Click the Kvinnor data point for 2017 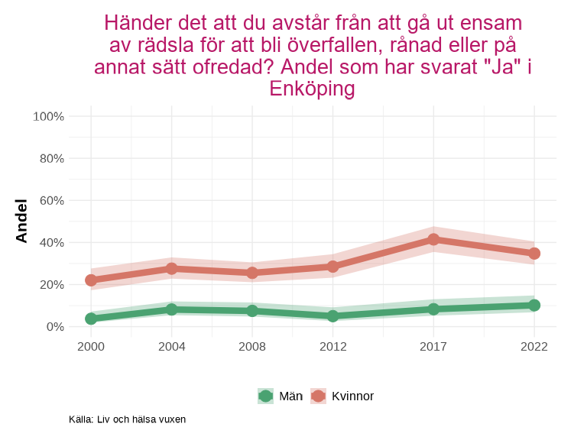pyautogui.click(x=433, y=239)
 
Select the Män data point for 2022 pyautogui.click(x=534, y=306)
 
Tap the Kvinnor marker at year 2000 pyautogui.click(x=91, y=280)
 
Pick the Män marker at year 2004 pyautogui.click(x=171, y=309)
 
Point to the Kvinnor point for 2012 pyautogui.click(x=333, y=267)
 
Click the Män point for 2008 pyautogui.click(x=252, y=311)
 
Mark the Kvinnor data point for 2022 pyautogui.click(x=534, y=254)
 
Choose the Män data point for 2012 pyautogui.click(x=333, y=315)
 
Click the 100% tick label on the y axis pyautogui.click(x=48, y=116)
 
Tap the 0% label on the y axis pyautogui.click(x=54, y=326)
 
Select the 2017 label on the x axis pyautogui.click(x=433, y=347)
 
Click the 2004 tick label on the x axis pyautogui.click(x=171, y=347)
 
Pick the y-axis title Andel pyautogui.click(x=21, y=221)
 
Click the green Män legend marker pyautogui.click(x=265, y=396)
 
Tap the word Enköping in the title pyautogui.click(x=312, y=89)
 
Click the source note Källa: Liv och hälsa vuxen pyautogui.click(x=127, y=419)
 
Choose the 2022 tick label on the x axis pyautogui.click(x=534, y=347)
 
